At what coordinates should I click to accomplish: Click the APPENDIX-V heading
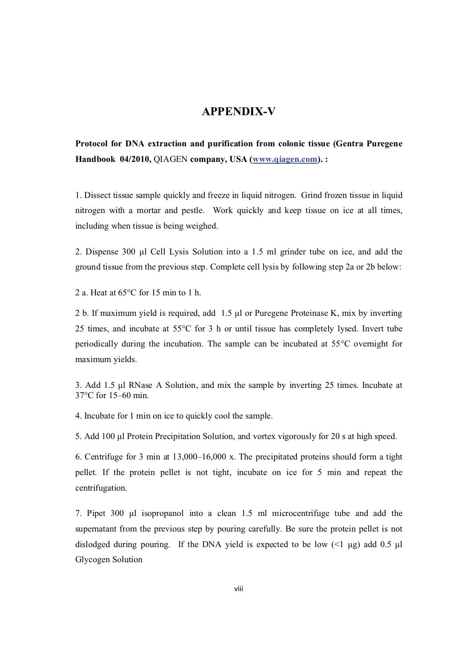[x=239, y=112]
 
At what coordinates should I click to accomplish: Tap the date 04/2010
[x=135, y=159]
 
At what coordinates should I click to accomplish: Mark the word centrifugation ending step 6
[x=101, y=488]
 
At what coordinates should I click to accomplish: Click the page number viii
[x=239, y=589]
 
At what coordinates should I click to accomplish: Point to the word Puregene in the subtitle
[x=383, y=144]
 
